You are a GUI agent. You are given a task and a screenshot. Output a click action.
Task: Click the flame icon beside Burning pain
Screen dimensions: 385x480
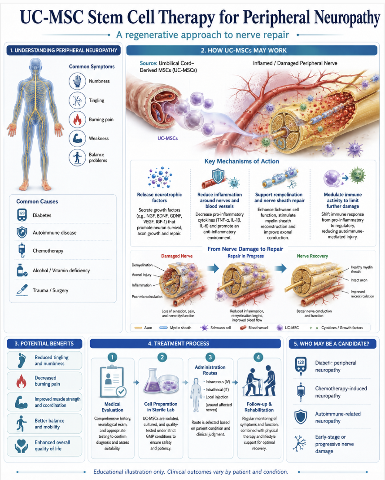(77, 119)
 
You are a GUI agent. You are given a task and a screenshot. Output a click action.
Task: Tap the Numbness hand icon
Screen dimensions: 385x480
(77, 81)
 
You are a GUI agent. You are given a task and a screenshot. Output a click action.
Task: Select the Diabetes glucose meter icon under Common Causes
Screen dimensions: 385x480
(22, 215)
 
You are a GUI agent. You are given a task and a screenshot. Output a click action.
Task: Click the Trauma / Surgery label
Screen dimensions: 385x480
(51, 290)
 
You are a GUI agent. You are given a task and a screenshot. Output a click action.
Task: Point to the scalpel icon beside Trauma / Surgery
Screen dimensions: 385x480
(22, 290)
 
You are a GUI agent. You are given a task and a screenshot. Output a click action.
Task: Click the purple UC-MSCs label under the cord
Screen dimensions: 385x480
(167, 138)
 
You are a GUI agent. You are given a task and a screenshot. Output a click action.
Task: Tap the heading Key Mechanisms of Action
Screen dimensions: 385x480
(242, 161)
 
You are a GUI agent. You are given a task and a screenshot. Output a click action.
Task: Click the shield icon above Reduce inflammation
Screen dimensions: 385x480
(218, 176)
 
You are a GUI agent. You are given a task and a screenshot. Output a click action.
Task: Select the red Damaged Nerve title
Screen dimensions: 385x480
(177, 256)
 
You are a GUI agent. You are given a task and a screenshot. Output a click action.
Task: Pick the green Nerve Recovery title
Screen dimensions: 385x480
(312, 256)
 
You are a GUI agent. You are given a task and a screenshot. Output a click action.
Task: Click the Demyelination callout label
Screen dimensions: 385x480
(142, 265)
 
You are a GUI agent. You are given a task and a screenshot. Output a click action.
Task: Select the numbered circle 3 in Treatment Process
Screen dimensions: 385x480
(210, 357)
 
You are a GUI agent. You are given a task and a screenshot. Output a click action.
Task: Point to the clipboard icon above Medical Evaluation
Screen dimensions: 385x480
(113, 381)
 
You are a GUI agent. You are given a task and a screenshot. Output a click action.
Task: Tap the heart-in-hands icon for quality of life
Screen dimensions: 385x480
(21, 446)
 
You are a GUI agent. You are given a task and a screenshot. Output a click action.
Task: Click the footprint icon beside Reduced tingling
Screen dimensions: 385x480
(22, 360)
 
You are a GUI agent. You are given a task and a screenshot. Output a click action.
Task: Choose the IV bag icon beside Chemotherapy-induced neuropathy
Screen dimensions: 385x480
(301, 392)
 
